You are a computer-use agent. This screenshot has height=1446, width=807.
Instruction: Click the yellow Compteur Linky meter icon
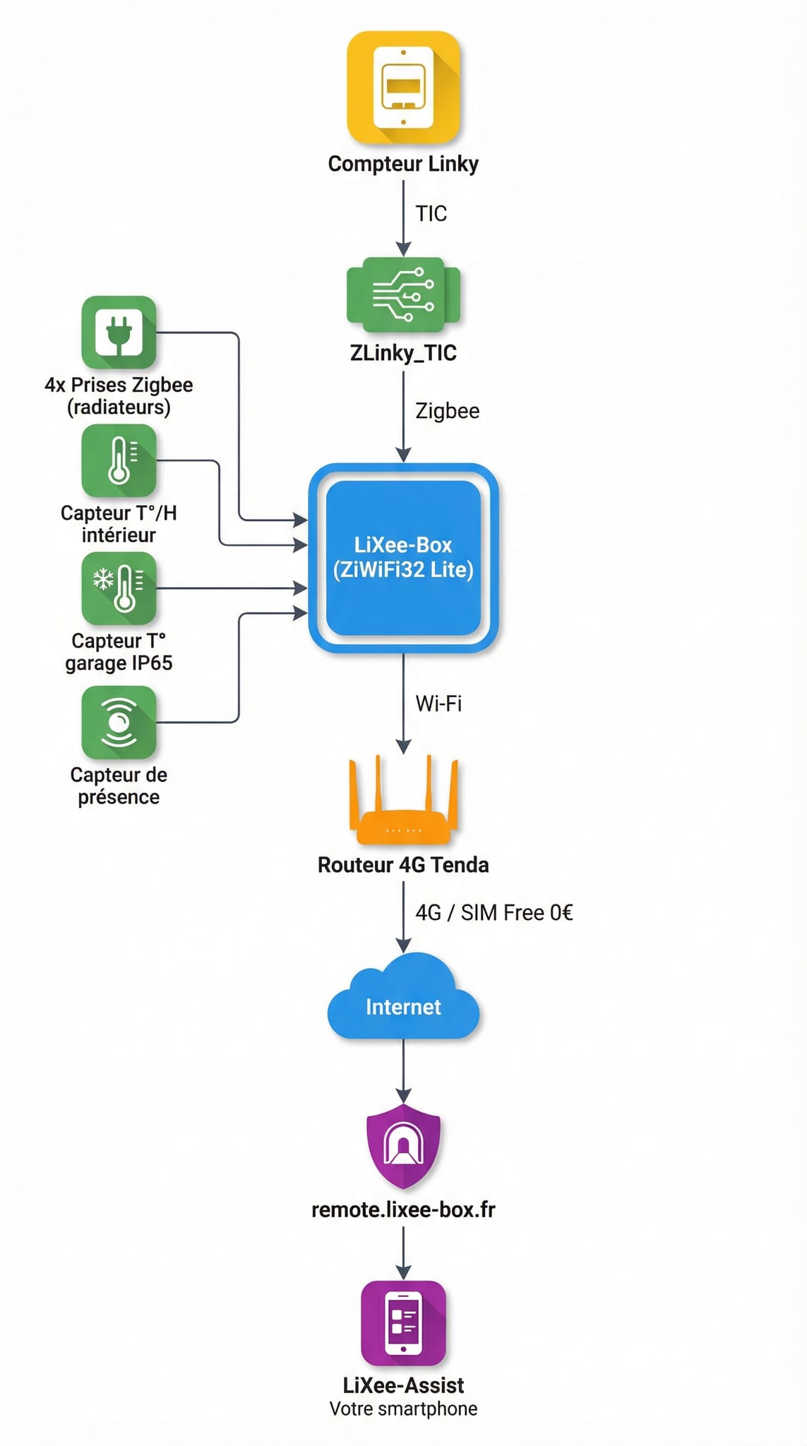403,88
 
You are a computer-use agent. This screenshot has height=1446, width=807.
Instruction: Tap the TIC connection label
431,213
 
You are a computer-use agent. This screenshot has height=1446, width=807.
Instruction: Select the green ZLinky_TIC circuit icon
403,294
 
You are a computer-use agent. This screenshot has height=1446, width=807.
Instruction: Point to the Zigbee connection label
447,411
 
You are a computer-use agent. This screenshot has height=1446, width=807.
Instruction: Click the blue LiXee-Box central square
403,558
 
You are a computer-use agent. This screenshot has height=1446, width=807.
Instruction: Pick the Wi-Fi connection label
438,703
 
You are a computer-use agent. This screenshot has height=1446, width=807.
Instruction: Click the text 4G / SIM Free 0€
494,913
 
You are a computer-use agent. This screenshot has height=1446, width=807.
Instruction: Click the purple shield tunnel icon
403,1145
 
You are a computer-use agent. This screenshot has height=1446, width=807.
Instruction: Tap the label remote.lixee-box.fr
403,1209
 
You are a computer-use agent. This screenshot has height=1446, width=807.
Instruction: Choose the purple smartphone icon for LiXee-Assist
403,1322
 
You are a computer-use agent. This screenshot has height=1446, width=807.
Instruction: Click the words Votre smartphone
403,1409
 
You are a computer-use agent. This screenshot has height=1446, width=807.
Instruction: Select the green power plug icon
119,332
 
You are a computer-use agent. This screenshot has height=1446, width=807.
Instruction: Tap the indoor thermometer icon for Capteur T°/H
119,460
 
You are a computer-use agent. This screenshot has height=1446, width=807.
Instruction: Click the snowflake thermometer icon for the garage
119,588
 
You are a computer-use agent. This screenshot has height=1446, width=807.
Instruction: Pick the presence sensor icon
119,722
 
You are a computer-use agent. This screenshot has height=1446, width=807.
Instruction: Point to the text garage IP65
119,663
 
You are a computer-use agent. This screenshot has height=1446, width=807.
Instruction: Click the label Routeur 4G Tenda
403,865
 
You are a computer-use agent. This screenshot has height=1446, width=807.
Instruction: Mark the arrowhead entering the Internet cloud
403,945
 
